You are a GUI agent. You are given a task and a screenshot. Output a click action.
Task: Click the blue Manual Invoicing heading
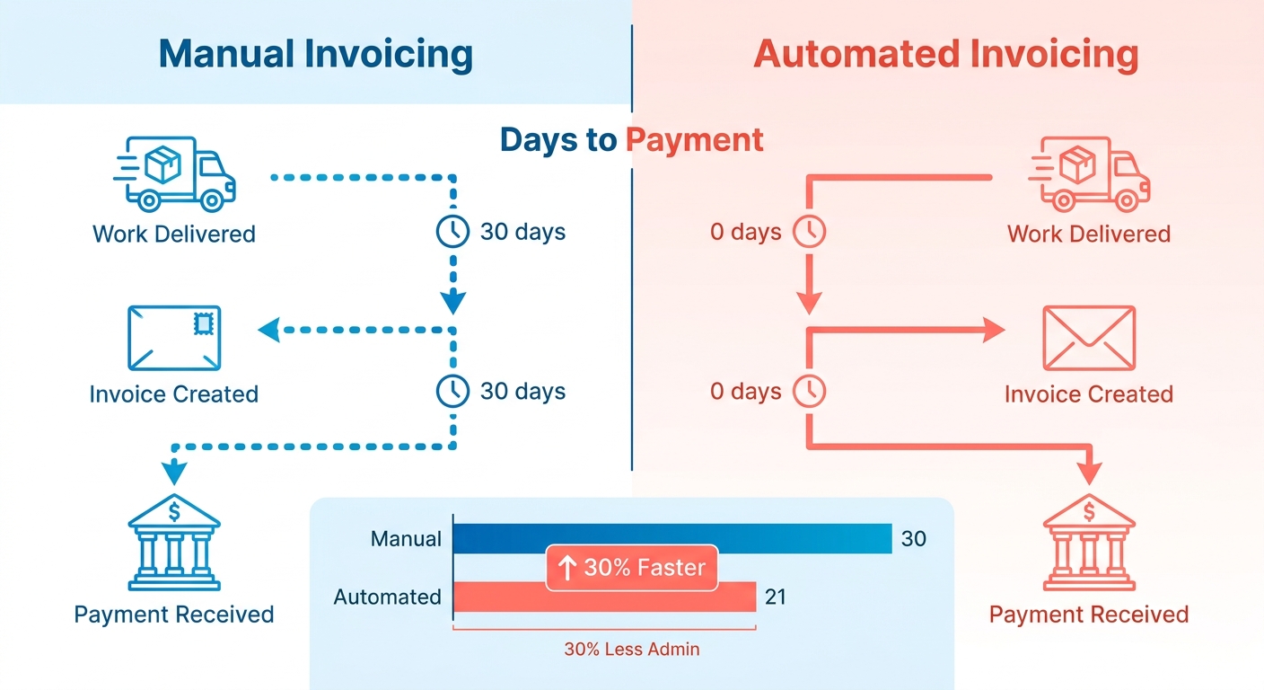(315, 55)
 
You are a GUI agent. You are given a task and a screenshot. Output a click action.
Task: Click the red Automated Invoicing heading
(945, 55)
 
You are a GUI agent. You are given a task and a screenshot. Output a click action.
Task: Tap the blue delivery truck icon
(174, 174)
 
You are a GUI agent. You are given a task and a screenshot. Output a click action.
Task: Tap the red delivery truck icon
(1089, 174)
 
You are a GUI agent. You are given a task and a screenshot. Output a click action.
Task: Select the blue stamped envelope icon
(174, 338)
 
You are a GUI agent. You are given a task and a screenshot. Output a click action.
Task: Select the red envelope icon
(1089, 338)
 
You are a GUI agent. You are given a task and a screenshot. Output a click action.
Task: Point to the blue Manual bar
(672, 538)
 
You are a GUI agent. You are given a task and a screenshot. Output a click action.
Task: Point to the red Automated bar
(605, 597)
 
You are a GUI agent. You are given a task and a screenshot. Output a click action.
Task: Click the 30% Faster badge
(632, 568)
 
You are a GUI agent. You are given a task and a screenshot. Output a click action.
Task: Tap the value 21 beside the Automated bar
(776, 597)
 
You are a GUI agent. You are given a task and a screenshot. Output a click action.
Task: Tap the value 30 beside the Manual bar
(914, 539)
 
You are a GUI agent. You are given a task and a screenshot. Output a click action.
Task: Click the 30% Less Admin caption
(632, 650)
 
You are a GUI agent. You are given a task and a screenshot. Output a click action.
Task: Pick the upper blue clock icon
(452, 232)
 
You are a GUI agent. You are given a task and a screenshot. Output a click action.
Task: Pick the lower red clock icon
(810, 391)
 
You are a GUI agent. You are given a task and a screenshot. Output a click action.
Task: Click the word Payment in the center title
(695, 140)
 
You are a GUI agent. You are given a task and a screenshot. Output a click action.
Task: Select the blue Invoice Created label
(174, 394)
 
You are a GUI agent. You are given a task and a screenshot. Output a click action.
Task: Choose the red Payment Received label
(1089, 615)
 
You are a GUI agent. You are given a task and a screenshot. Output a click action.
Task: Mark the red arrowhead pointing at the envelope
(993, 330)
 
